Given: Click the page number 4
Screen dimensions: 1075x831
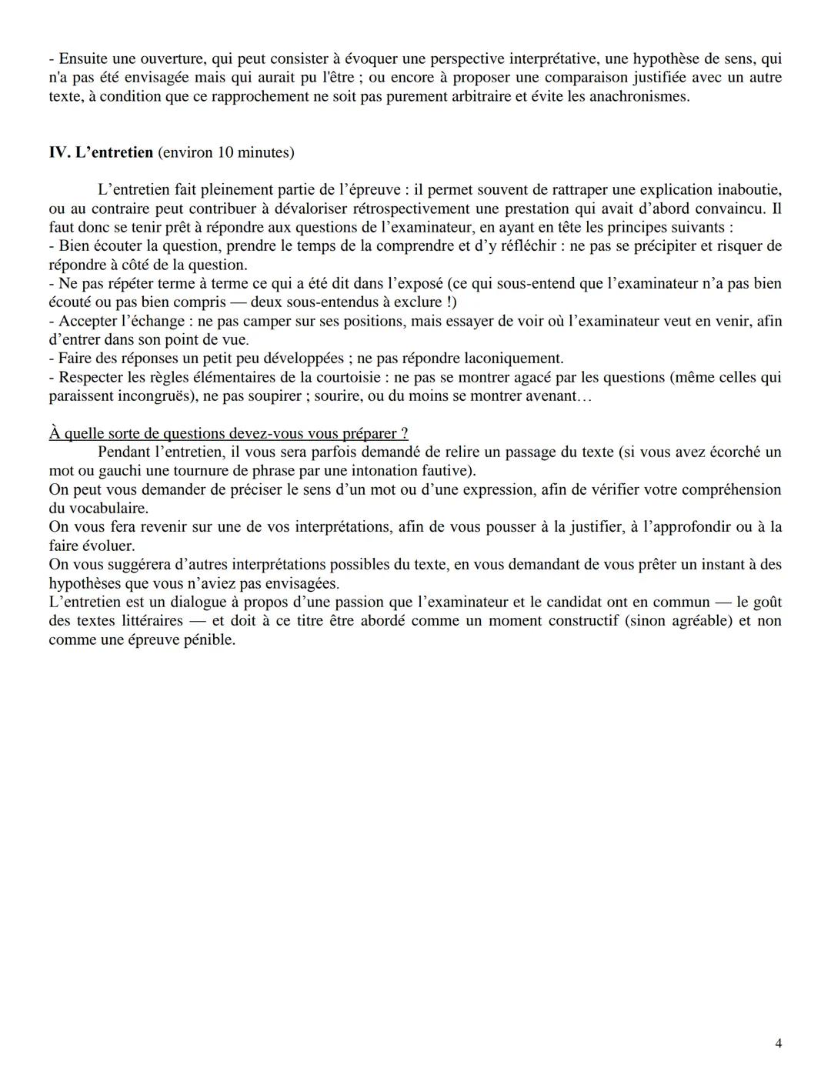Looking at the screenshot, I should [x=779, y=1043].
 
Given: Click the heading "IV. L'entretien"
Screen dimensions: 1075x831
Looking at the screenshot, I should [x=101, y=152].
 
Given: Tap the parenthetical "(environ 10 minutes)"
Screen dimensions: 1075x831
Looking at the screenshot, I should [x=225, y=152].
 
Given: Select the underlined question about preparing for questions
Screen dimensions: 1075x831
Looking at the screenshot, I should [x=229, y=433].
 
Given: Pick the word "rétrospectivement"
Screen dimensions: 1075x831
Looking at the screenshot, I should [x=411, y=209].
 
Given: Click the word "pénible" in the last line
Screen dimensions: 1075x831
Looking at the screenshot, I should [x=208, y=639].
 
